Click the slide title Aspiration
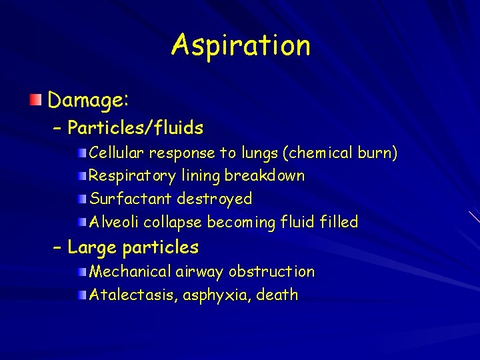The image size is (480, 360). [x=241, y=45]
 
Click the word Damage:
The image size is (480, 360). [x=89, y=101]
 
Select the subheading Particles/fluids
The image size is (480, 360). [x=135, y=127]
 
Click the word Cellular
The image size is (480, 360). [x=117, y=153]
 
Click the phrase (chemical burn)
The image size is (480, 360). [x=340, y=153]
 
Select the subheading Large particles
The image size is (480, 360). [x=133, y=247]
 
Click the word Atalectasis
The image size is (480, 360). [x=126, y=295]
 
